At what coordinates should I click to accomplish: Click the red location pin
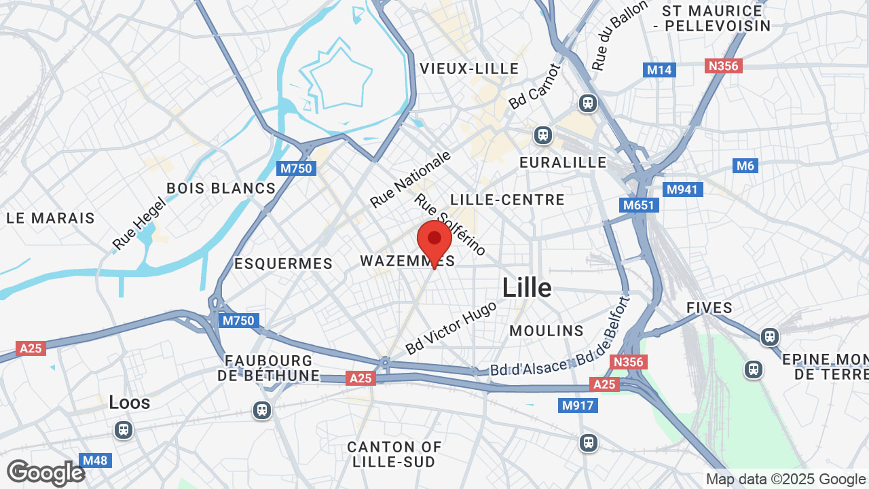tap(434, 241)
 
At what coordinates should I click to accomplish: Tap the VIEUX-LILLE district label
tap(469, 69)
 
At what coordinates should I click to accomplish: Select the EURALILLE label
tap(563, 162)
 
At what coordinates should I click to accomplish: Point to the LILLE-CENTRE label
tap(507, 200)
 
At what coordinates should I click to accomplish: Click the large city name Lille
tap(527, 288)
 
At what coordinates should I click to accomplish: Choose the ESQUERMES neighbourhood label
tap(283, 264)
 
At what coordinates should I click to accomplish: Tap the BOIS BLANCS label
tap(221, 188)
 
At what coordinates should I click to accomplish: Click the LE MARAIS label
tap(51, 218)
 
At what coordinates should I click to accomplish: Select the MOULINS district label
tap(547, 331)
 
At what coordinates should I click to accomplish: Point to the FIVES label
tap(709, 308)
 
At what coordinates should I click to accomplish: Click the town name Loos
tap(130, 403)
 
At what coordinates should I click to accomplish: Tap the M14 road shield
tap(659, 69)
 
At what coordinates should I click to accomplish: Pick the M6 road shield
tap(745, 166)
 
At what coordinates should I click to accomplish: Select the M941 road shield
tap(682, 189)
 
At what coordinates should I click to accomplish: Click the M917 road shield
tap(578, 405)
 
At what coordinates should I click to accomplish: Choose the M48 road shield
tap(94, 460)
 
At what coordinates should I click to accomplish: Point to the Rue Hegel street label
tap(139, 223)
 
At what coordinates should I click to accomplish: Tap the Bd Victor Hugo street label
tap(451, 327)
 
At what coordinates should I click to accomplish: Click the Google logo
tap(45, 473)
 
